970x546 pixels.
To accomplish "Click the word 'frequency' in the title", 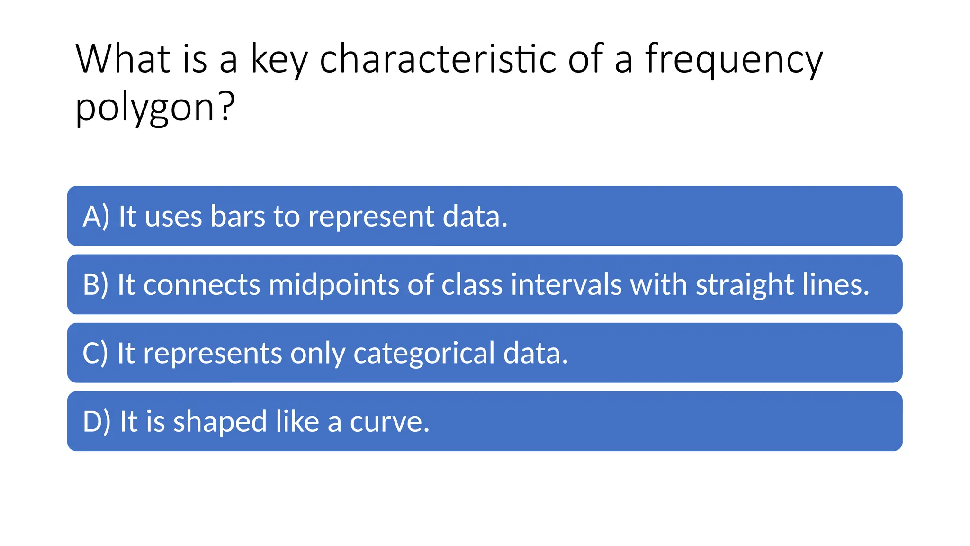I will pyautogui.click(x=734, y=61).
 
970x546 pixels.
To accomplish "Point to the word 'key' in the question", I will pyautogui.click(x=279, y=61).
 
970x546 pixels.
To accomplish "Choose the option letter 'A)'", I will pyautogui.click(x=96, y=217).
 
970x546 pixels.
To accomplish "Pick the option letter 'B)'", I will pyautogui.click(x=96, y=285).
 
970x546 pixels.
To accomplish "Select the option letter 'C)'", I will pyautogui.click(x=95, y=354).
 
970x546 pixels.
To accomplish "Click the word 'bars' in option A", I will pyautogui.click(x=237, y=217).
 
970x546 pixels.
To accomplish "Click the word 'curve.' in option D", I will pyautogui.click(x=389, y=422).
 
